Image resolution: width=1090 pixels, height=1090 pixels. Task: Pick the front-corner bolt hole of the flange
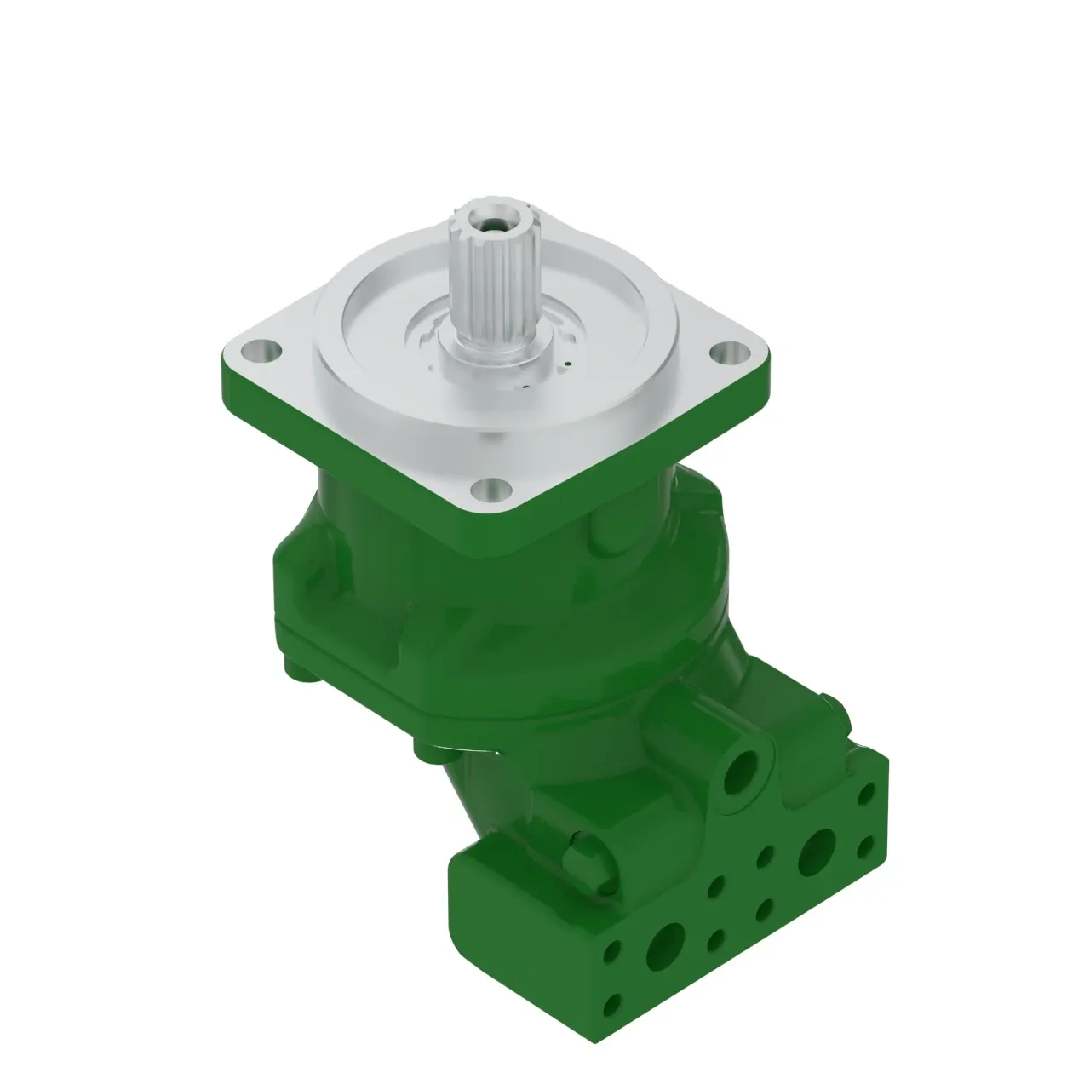click(x=489, y=489)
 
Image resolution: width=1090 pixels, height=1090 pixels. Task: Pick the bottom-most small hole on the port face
click(x=610, y=1010)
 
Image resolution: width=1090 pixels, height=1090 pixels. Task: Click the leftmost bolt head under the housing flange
click(x=300, y=672)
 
